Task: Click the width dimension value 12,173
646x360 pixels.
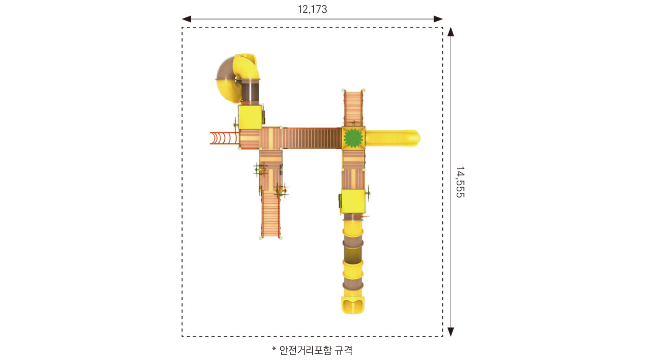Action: pyautogui.click(x=312, y=9)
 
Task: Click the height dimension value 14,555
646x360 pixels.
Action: pyautogui.click(x=460, y=182)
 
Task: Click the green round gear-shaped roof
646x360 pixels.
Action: pyautogui.click(x=353, y=138)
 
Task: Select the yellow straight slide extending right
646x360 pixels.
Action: pyautogui.click(x=392, y=138)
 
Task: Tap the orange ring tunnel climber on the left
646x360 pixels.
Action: pyautogui.click(x=225, y=138)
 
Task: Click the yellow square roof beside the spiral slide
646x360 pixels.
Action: pyautogui.click(x=250, y=117)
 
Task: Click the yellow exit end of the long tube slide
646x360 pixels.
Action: pyautogui.click(x=353, y=304)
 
